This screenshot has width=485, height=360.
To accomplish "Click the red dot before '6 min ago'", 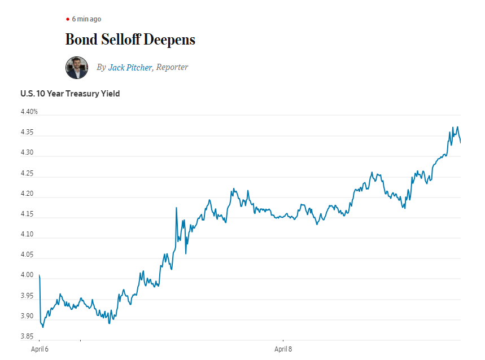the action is (x=68, y=19).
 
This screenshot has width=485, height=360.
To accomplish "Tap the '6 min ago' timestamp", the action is (x=86, y=19).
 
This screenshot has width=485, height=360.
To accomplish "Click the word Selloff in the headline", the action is (x=121, y=39).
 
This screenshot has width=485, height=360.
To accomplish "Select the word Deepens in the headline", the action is (x=169, y=40).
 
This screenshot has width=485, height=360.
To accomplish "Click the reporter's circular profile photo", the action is (x=77, y=68).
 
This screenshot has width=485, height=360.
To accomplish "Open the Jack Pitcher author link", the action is (x=130, y=67).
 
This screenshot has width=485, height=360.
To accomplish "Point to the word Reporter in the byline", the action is (x=172, y=67).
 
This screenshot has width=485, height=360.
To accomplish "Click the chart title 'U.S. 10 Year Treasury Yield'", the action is (x=70, y=94).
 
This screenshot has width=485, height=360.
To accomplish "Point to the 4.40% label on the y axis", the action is (x=29, y=112).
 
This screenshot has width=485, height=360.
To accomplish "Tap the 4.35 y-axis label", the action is (x=27, y=132).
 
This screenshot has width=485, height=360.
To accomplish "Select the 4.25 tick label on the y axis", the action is (x=27, y=173).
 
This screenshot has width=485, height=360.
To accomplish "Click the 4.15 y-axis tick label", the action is (x=27, y=214).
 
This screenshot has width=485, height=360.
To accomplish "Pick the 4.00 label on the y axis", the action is (x=27, y=275).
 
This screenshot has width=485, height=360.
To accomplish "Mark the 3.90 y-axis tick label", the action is (x=27, y=316).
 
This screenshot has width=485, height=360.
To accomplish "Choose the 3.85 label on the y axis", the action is (x=27, y=336).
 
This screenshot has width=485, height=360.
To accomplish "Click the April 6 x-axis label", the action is (x=40, y=349).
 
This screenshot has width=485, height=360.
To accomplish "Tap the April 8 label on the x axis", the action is (x=283, y=349).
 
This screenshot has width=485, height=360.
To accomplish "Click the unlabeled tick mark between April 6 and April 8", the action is (x=80, y=340).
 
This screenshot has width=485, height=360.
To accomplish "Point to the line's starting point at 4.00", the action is (x=40, y=275).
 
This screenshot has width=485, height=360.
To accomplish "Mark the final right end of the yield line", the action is (x=461, y=142).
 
